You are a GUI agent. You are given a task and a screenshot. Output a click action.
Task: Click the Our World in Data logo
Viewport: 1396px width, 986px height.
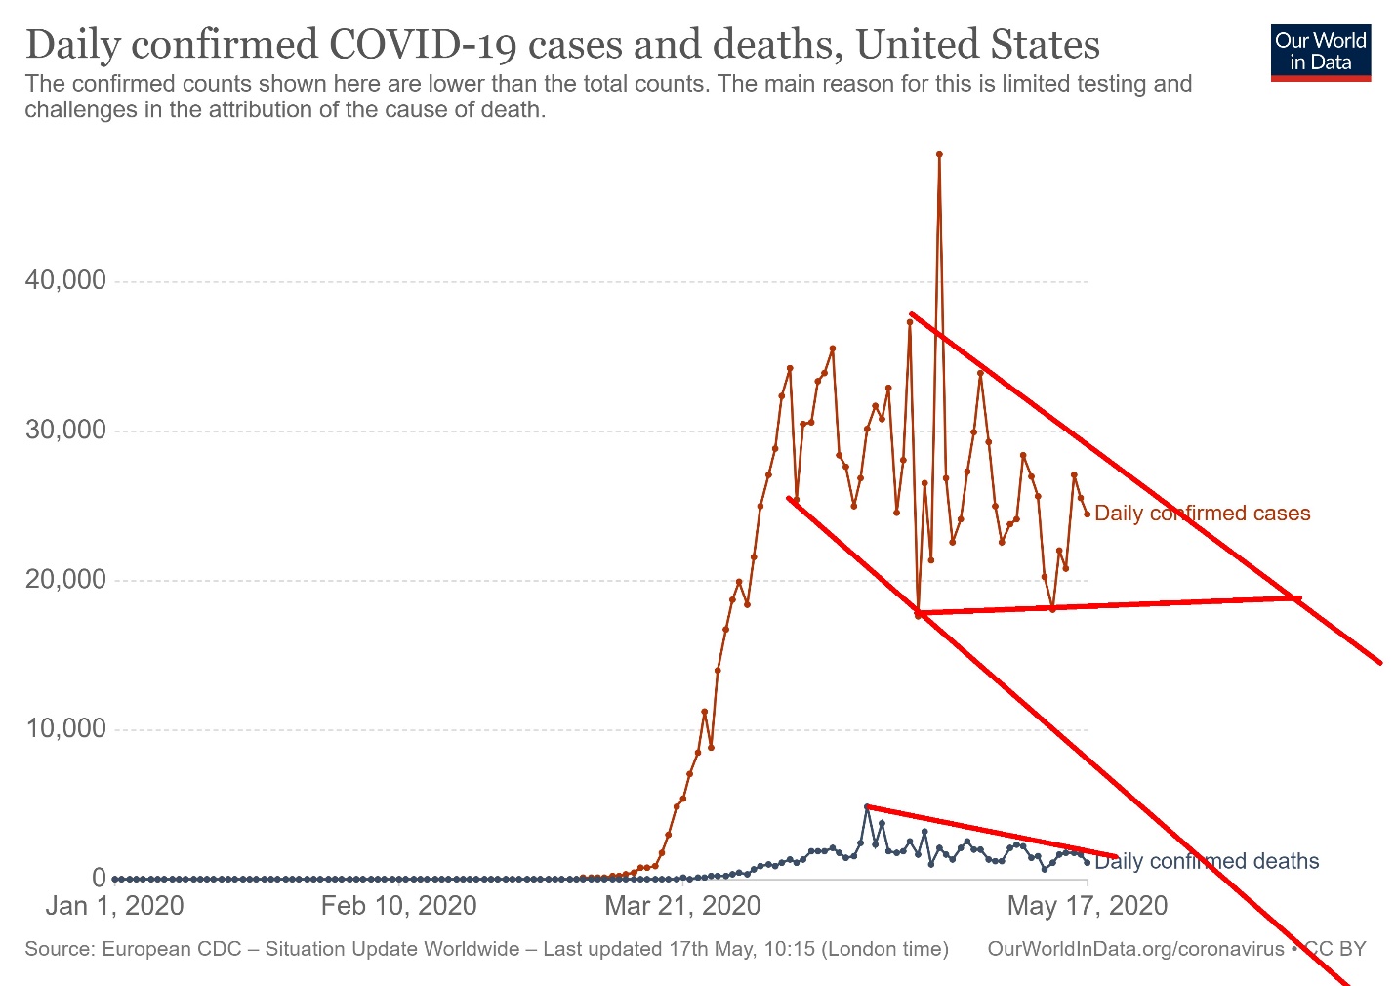(1321, 53)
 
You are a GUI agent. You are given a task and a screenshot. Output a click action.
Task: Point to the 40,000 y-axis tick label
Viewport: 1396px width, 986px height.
(65, 281)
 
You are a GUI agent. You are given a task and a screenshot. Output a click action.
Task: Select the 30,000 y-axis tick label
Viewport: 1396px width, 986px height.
(65, 431)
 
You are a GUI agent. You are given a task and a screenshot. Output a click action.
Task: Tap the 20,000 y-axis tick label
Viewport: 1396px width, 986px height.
(65, 580)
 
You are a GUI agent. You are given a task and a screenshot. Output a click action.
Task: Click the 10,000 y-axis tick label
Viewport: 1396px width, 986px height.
(65, 729)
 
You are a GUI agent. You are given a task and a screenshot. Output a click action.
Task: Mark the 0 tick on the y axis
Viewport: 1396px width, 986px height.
(99, 878)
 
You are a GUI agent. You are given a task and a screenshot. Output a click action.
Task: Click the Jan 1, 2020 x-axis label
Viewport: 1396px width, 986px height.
(114, 906)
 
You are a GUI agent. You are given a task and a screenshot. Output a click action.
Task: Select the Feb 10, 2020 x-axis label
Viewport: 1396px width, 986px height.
(398, 906)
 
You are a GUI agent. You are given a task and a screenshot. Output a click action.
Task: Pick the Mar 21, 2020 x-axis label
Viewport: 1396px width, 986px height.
(682, 906)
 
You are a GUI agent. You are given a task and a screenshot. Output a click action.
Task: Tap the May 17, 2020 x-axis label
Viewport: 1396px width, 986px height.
(1087, 906)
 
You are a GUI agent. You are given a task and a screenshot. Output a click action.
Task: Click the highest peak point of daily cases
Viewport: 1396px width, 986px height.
(939, 154)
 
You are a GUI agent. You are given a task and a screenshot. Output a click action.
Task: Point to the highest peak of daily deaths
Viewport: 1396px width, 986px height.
(867, 807)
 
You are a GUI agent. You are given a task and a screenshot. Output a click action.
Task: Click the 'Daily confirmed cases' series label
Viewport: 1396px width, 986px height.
(1202, 514)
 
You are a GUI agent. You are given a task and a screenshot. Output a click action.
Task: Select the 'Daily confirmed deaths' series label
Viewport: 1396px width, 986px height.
(1207, 861)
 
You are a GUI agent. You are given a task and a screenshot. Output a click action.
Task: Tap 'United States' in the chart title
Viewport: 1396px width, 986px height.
(978, 45)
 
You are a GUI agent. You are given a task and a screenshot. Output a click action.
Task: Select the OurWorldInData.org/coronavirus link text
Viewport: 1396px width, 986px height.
(1135, 949)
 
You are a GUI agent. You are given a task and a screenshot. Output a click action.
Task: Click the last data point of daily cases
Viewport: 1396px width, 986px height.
(1088, 514)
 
